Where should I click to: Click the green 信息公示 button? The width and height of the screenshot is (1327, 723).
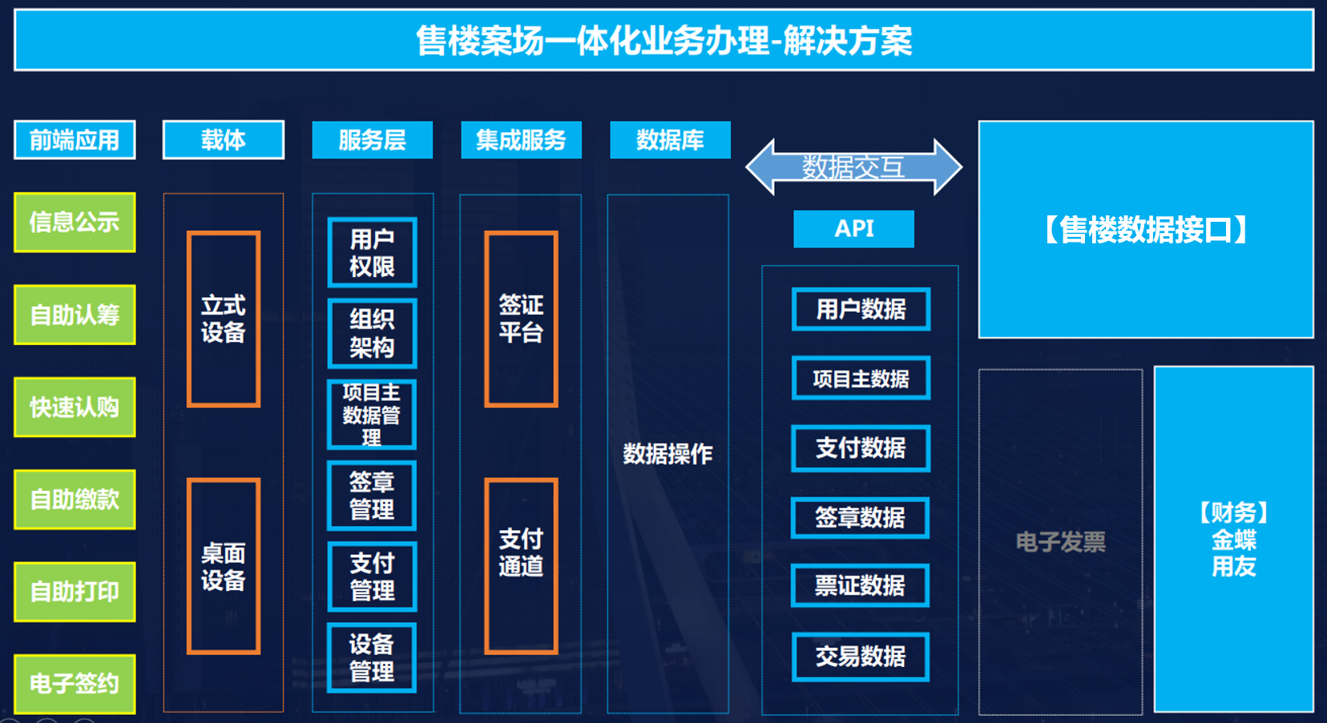click(x=75, y=222)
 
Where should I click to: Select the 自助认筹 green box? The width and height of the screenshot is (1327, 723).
click(x=75, y=315)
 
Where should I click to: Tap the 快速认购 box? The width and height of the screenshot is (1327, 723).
click(x=75, y=407)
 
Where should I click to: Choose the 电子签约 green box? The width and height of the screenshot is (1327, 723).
click(x=75, y=684)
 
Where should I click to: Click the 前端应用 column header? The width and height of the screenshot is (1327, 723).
click(x=75, y=140)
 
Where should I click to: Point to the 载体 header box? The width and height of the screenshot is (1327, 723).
click(x=224, y=140)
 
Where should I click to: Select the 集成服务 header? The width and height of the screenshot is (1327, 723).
click(x=522, y=140)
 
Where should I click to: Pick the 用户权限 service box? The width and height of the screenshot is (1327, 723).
click(x=372, y=252)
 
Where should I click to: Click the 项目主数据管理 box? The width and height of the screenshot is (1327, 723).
click(x=372, y=415)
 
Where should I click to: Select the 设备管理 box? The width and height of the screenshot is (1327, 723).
click(x=372, y=658)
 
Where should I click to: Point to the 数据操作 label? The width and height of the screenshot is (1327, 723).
click(x=668, y=454)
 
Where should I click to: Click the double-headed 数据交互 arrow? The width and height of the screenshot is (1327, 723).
click(x=853, y=167)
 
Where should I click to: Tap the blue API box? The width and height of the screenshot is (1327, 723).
click(x=853, y=228)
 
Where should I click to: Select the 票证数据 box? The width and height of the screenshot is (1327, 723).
click(x=860, y=585)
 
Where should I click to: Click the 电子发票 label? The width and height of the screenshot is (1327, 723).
click(x=1060, y=542)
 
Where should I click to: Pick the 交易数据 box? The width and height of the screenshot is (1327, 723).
click(x=860, y=657)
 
